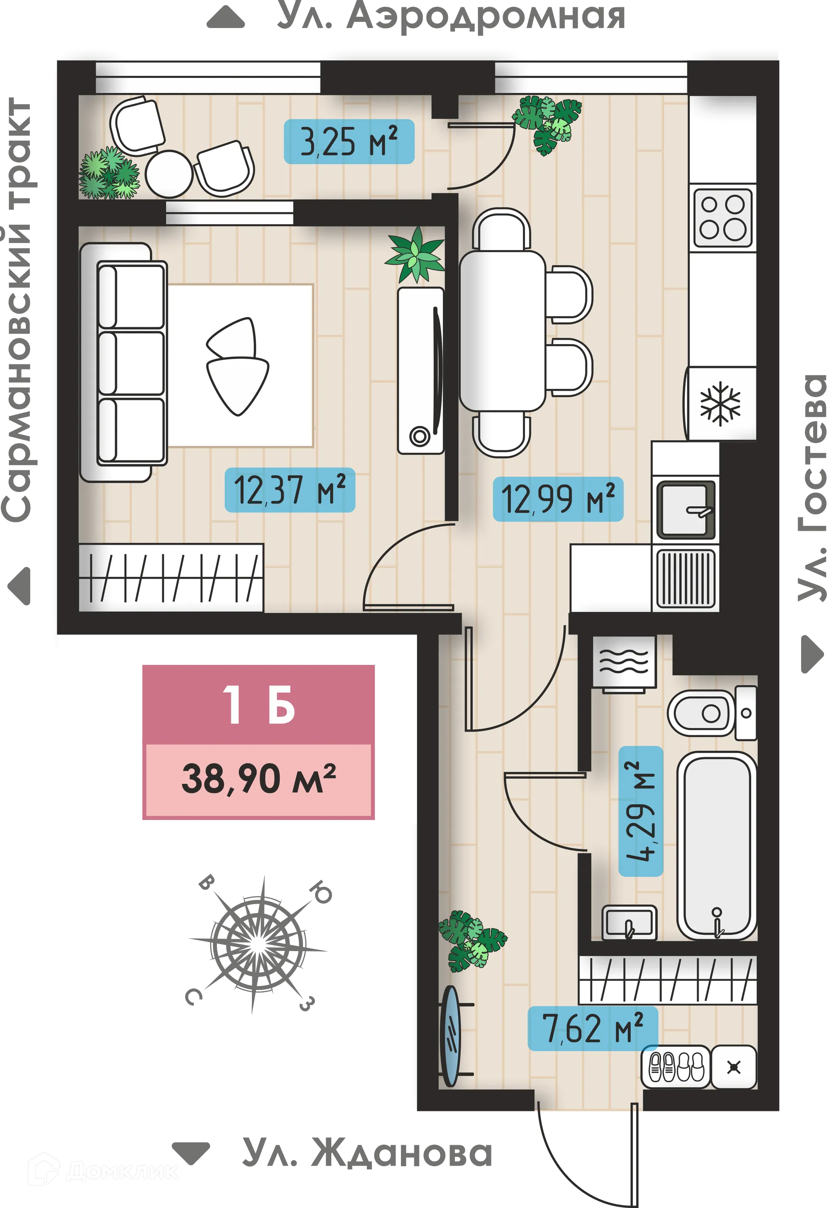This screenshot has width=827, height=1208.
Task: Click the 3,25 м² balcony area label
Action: pos(348,141)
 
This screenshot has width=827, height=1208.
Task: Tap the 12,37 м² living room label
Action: pos(289,490)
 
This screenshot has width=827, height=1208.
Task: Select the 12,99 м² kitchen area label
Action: pos(557,499)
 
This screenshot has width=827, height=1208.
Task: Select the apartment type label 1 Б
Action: pos(258,705)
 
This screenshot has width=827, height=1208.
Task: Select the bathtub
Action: pos(717,845)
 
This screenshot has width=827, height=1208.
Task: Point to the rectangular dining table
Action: pos(502,331)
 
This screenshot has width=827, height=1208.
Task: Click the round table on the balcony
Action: pos(169,174)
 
